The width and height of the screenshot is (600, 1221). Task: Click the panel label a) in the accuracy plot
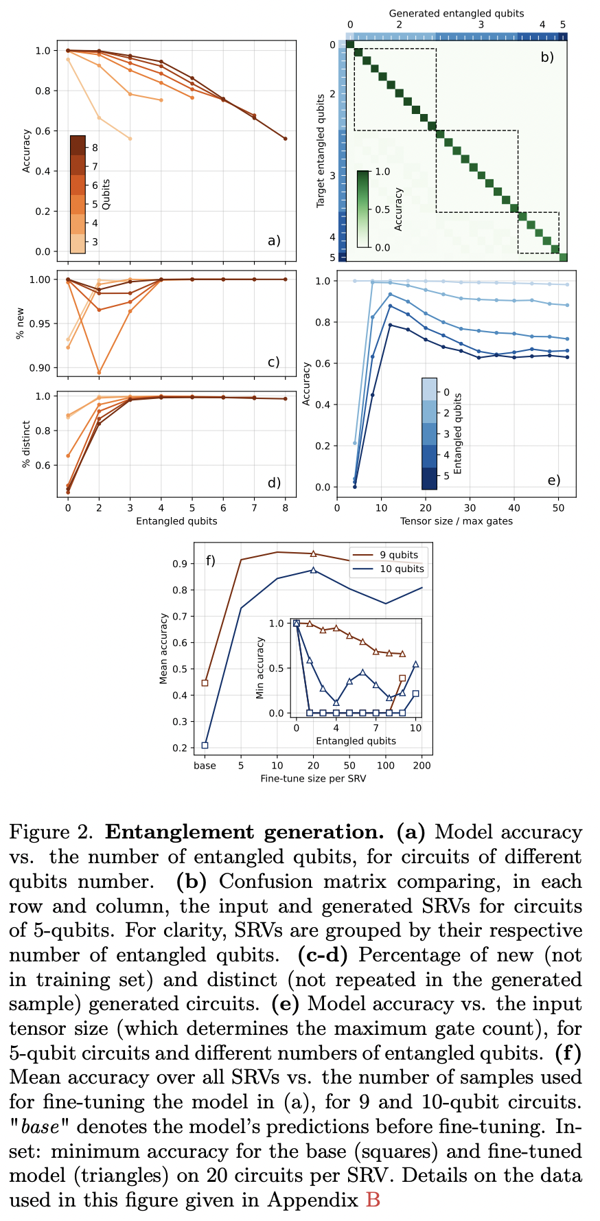coord(274,240)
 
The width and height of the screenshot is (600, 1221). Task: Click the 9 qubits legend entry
coord(398,555)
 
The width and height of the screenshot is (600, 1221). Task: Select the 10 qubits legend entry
coord(401,569)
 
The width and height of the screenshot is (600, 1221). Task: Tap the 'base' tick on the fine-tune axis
coord(205,766)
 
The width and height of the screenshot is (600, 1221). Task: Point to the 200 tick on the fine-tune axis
coord(422,766)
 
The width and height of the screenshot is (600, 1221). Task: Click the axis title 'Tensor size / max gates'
coord(456,521)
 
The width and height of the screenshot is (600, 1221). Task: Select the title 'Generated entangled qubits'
coord(456,13)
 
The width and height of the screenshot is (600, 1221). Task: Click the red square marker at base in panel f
coord(205,683)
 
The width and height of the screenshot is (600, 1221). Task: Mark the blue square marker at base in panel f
coord(205,745)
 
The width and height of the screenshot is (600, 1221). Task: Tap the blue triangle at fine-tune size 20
coord(313,570)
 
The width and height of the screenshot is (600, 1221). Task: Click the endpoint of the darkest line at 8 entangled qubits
coord(285,139)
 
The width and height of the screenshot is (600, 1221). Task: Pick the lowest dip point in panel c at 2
coord(99,373)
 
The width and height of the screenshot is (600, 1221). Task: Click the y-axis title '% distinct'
coord(27,444)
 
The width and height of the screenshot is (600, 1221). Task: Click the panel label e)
coord(553,480)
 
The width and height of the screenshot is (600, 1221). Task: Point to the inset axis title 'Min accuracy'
coord(260,668)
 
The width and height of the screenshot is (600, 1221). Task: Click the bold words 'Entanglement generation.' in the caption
coord(244,832)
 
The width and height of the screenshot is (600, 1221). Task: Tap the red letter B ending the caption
coord(373,1200)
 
